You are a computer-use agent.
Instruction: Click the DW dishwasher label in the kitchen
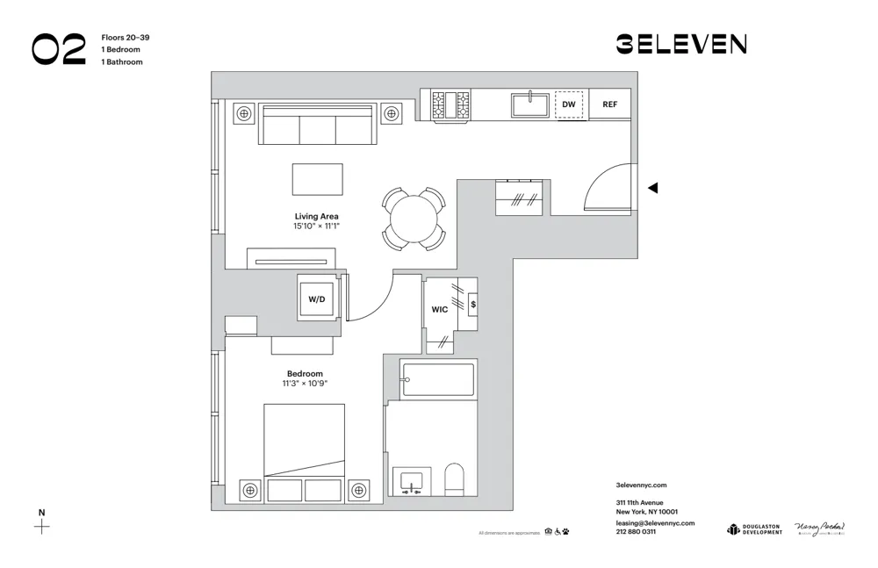pyautogui.click(x=569, y=104)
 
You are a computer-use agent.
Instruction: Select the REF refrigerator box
pyautogui.click(x=609, y=104)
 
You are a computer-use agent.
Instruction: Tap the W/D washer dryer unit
pyautogui.click(x=317, y=298)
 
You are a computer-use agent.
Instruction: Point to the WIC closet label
pyautogui.click(x=439, y=309)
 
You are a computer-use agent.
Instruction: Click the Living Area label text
pyautogui.click(x=316, y=216)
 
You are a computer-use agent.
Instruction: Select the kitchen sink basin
pyautogui.click(x=530, y=105)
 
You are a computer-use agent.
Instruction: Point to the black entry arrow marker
pyautogui.click(x=652, y=188)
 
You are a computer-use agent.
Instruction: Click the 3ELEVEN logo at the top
pyautogui.click(x=680, y=44)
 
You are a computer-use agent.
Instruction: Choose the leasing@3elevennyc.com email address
pyautogui.click(x=655, y=522)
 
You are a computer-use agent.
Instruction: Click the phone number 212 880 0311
pyautogui.click(x=636, y=532)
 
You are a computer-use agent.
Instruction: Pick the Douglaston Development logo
pyautogui.click(x=754, y=528)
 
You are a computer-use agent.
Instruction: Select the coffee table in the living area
pyautogui.click(x=317, y=178)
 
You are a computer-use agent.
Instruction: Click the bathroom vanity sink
pyautogui.click(x=410, y=482)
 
